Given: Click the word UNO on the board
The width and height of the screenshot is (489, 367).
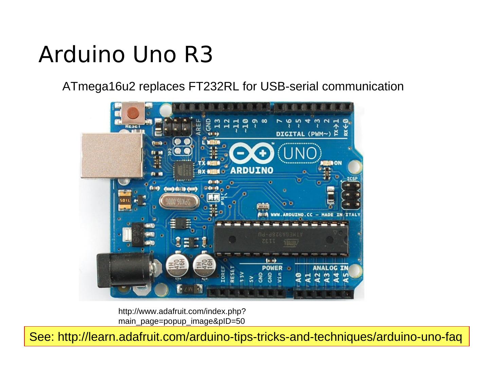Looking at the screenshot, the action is coord(300,154).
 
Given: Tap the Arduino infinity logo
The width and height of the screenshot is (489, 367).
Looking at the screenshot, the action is coord(251,154).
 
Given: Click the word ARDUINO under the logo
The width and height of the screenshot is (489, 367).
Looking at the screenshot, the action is coord(252,170).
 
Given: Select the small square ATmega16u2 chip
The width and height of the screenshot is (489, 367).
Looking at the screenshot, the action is coord(183,170).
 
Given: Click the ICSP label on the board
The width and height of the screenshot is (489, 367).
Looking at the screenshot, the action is coord(352,179).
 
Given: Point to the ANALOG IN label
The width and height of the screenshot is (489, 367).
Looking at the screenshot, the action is coord(330,268).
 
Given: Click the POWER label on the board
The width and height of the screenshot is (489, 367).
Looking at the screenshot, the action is coord(272,268).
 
